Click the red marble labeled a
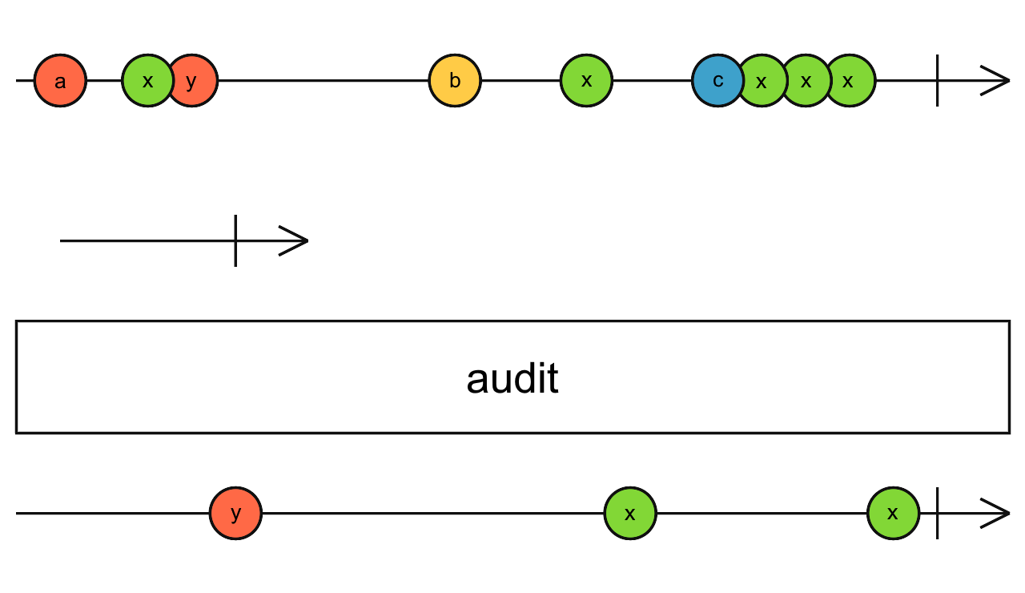point(60,81)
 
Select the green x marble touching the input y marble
point(145,81)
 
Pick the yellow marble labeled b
point(455,81)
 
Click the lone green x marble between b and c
point(586,81)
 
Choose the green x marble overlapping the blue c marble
point(762,81)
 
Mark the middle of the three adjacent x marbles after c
point(806,81)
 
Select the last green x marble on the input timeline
point(850,81)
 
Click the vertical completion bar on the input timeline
point(937,81)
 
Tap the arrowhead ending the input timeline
point(997,81)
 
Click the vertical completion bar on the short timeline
point(235,240)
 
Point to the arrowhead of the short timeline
point(296,240)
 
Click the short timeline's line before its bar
point(144,240)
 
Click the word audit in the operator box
point(512,378)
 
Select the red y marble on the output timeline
point(235,513)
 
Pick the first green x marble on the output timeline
point(630,513)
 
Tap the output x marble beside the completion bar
point(893,513)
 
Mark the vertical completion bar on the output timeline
point(937,513)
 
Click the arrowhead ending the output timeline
point(997,513)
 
